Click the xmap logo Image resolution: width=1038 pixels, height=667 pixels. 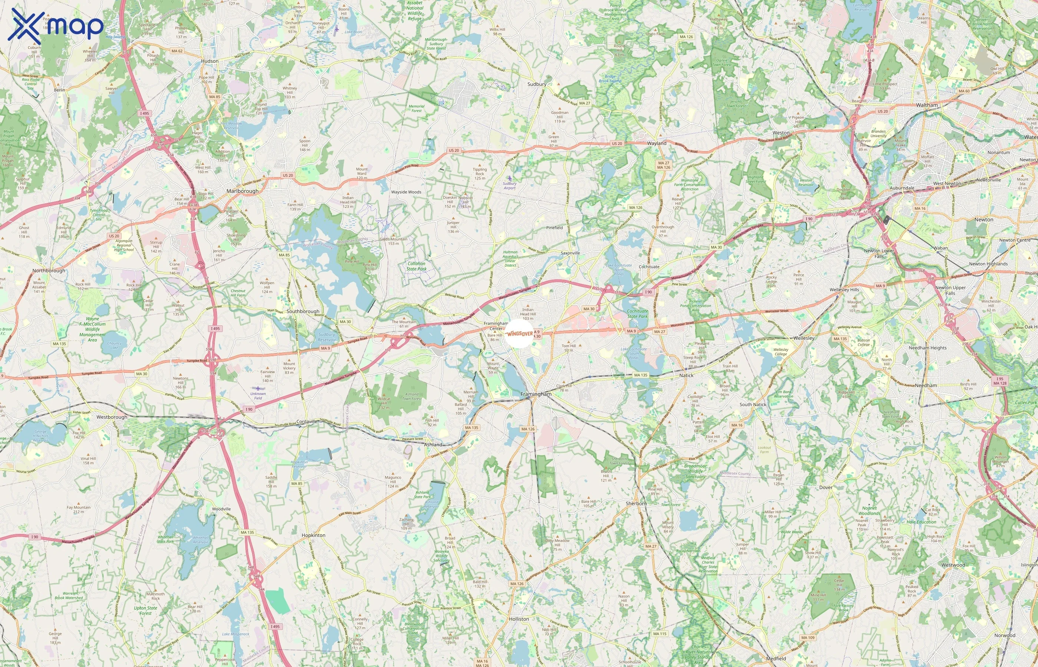pos(56,26)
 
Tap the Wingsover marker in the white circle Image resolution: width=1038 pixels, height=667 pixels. pos(519,333)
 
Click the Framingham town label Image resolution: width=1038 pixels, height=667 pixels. pos(536,394)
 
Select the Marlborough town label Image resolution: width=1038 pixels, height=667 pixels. pos(242,191)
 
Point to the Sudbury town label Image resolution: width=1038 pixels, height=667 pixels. pos(537,84)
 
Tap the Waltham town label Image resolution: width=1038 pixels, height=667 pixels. pos(927,105)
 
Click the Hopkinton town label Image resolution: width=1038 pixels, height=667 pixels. pos(313,535)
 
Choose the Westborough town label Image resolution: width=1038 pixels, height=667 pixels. pos(112,417)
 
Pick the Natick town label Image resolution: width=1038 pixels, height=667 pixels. pos(686,375)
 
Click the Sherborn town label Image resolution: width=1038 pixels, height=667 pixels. pos(636,503)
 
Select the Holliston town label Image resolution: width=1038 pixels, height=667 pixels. pos(519,619)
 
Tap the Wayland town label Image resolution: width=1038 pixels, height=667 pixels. pos(657,143)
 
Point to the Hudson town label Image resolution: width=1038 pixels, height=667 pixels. pos(210,61)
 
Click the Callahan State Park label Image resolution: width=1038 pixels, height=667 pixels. pos(416,266)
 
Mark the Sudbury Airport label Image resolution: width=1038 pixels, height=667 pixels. pos(509,185)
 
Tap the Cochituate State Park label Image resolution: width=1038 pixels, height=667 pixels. pos(637,313)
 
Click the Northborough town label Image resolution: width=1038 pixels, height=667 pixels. pos(49,271)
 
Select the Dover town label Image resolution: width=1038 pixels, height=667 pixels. pos(826,487)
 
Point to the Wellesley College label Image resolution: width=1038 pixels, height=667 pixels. pos(781,352)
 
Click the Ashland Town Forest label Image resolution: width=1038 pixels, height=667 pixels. pos(411,396)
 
